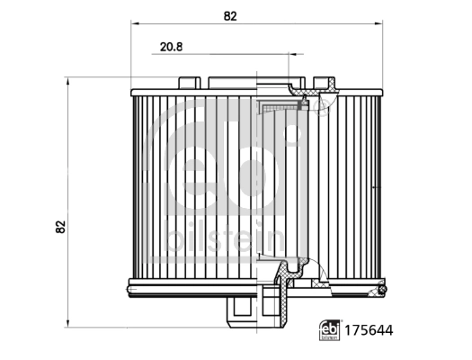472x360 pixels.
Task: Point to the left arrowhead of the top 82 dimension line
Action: (x=134, y=24)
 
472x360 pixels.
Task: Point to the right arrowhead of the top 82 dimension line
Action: (x=384, y=24)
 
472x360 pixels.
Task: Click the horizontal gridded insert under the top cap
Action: (x=279, y=108)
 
